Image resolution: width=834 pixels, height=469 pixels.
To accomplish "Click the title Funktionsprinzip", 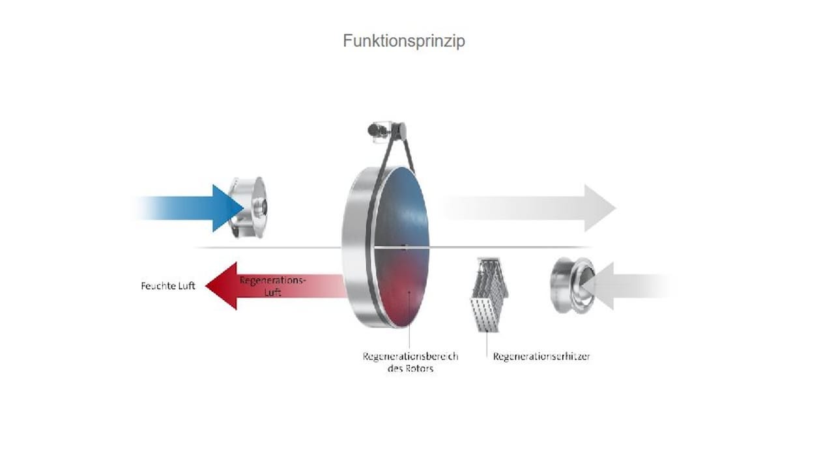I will point(404,41).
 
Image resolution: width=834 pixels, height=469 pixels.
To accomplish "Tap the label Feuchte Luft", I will point(168,286).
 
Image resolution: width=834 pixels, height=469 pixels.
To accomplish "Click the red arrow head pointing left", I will point(222,285).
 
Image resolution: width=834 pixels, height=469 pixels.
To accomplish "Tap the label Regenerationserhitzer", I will point(541,356).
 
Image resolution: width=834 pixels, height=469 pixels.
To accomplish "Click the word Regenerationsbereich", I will point(410,356).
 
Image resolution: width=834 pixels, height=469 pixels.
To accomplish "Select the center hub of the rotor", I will point(405,247).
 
